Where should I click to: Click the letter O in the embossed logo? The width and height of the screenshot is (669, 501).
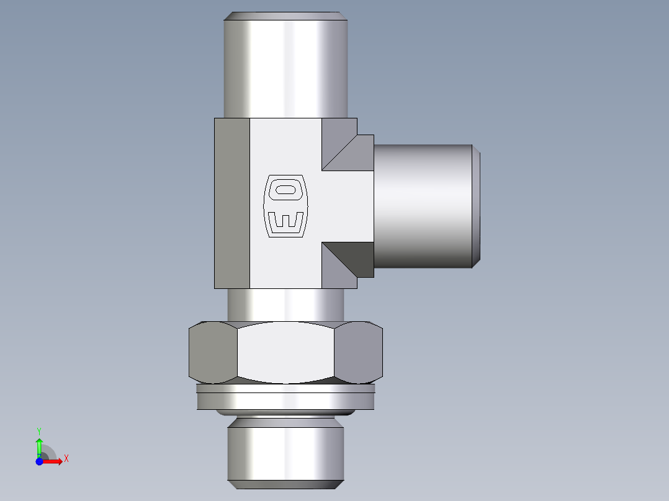click(286, 188)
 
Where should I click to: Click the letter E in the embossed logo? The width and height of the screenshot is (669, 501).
click(286, 221)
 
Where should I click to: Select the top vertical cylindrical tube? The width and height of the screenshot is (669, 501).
click(285, 68)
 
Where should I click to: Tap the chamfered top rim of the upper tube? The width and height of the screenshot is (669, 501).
click(285, 16)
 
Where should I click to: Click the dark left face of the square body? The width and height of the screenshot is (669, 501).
click(232, 203)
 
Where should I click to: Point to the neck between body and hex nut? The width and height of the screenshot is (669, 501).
click(285, 304)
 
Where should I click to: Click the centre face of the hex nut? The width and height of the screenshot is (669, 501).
click(285, 352)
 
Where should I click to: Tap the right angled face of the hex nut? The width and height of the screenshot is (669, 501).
click(358, 352)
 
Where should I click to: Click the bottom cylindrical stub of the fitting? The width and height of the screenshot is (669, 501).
click(285, 450)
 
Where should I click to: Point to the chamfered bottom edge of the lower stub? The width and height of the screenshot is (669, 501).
click(285, 484)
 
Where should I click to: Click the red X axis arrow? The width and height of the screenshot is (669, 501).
click(53, 461)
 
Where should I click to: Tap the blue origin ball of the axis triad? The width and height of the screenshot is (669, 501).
click(39, 461)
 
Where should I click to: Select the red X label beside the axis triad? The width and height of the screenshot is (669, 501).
click(66, 459)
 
